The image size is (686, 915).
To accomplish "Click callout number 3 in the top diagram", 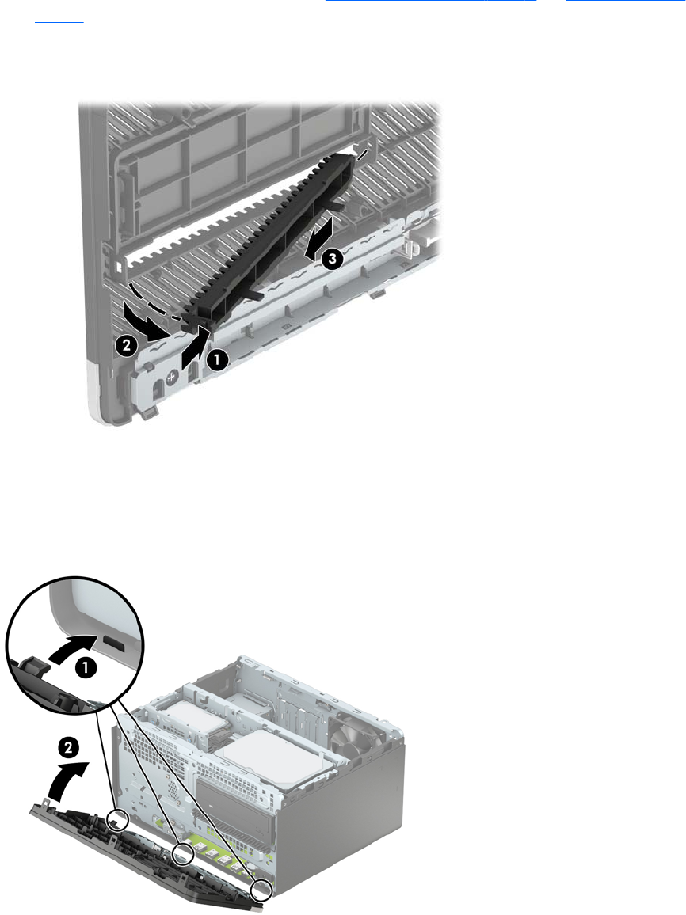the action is click(332, 259).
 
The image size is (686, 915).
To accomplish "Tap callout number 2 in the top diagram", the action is click(126, 346).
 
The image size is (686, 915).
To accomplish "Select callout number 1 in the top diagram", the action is click(217, 360).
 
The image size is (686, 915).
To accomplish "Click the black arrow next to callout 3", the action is click(318, 236).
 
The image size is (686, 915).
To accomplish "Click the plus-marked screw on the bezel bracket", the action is click(172, 378).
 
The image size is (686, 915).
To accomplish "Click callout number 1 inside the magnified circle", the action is click(85, 668).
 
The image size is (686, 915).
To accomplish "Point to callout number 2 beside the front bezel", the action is click(68, 747).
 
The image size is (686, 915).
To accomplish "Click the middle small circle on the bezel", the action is click(183, 854).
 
